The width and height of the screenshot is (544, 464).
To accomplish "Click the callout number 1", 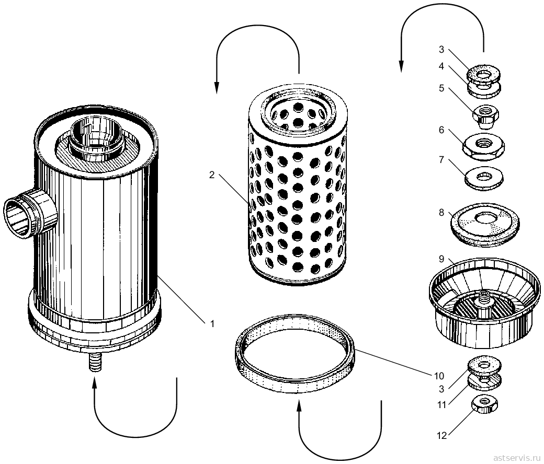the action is click(x=212, y=324).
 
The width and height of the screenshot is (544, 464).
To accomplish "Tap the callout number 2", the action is click(x=212, y=175).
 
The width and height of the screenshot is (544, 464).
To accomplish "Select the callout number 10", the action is click(x=439, y=376).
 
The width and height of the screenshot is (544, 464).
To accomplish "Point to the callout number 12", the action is click(x=441, y=436).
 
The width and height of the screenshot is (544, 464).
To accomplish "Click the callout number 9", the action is click(x=441, y=259).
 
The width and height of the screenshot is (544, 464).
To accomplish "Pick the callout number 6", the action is click(x=441, y=130).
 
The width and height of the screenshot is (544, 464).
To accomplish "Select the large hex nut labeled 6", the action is click(x=484, y=146).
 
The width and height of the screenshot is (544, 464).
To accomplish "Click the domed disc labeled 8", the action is click(x=485, y=225).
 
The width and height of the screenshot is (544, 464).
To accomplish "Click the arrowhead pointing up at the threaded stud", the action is click(x=95, y=382).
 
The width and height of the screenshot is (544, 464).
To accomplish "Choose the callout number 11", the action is click(x=441, y=404).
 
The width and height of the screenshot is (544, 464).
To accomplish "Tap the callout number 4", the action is click(x=441, y=66).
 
